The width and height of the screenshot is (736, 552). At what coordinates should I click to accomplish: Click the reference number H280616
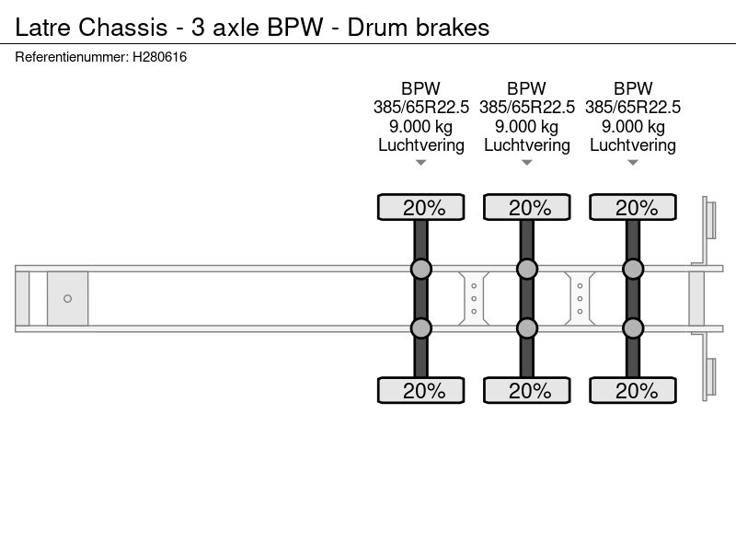click(159, 57)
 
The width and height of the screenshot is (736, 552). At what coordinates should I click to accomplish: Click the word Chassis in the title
click(123, 28)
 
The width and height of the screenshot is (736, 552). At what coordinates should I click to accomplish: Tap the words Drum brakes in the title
click(419, 28)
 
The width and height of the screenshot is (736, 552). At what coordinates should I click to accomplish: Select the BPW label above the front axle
click(420, 88)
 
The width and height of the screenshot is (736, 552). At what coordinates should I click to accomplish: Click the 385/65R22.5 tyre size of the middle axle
click(526, 107)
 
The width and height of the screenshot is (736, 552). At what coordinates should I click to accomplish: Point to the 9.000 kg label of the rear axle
click(633, 126)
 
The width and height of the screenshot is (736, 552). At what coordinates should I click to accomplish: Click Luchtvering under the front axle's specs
click(421, 145)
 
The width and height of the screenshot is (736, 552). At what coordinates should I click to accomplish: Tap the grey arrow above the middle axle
click(526, 163)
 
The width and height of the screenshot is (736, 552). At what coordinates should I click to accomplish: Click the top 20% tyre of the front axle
click(421, 207)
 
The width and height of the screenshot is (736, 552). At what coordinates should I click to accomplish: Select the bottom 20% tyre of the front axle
click(421, 390)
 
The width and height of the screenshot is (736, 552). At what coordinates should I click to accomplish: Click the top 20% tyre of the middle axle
click(526, 207)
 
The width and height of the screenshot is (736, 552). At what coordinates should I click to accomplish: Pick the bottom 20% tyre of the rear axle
click(633, 390)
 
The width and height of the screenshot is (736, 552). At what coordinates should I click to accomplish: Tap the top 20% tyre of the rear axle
click(633, 207)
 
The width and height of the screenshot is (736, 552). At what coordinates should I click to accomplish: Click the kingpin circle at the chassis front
click(67, 298)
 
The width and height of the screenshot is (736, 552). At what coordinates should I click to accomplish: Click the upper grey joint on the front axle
click(421, 269)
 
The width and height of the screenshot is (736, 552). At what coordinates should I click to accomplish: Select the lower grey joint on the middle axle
click(526, 328)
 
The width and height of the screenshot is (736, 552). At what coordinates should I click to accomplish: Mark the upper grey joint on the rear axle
click(633, 269)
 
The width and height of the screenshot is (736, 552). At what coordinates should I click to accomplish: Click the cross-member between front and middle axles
click(474, 298)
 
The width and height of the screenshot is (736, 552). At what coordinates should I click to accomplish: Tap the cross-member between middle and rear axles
click(580, 298)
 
